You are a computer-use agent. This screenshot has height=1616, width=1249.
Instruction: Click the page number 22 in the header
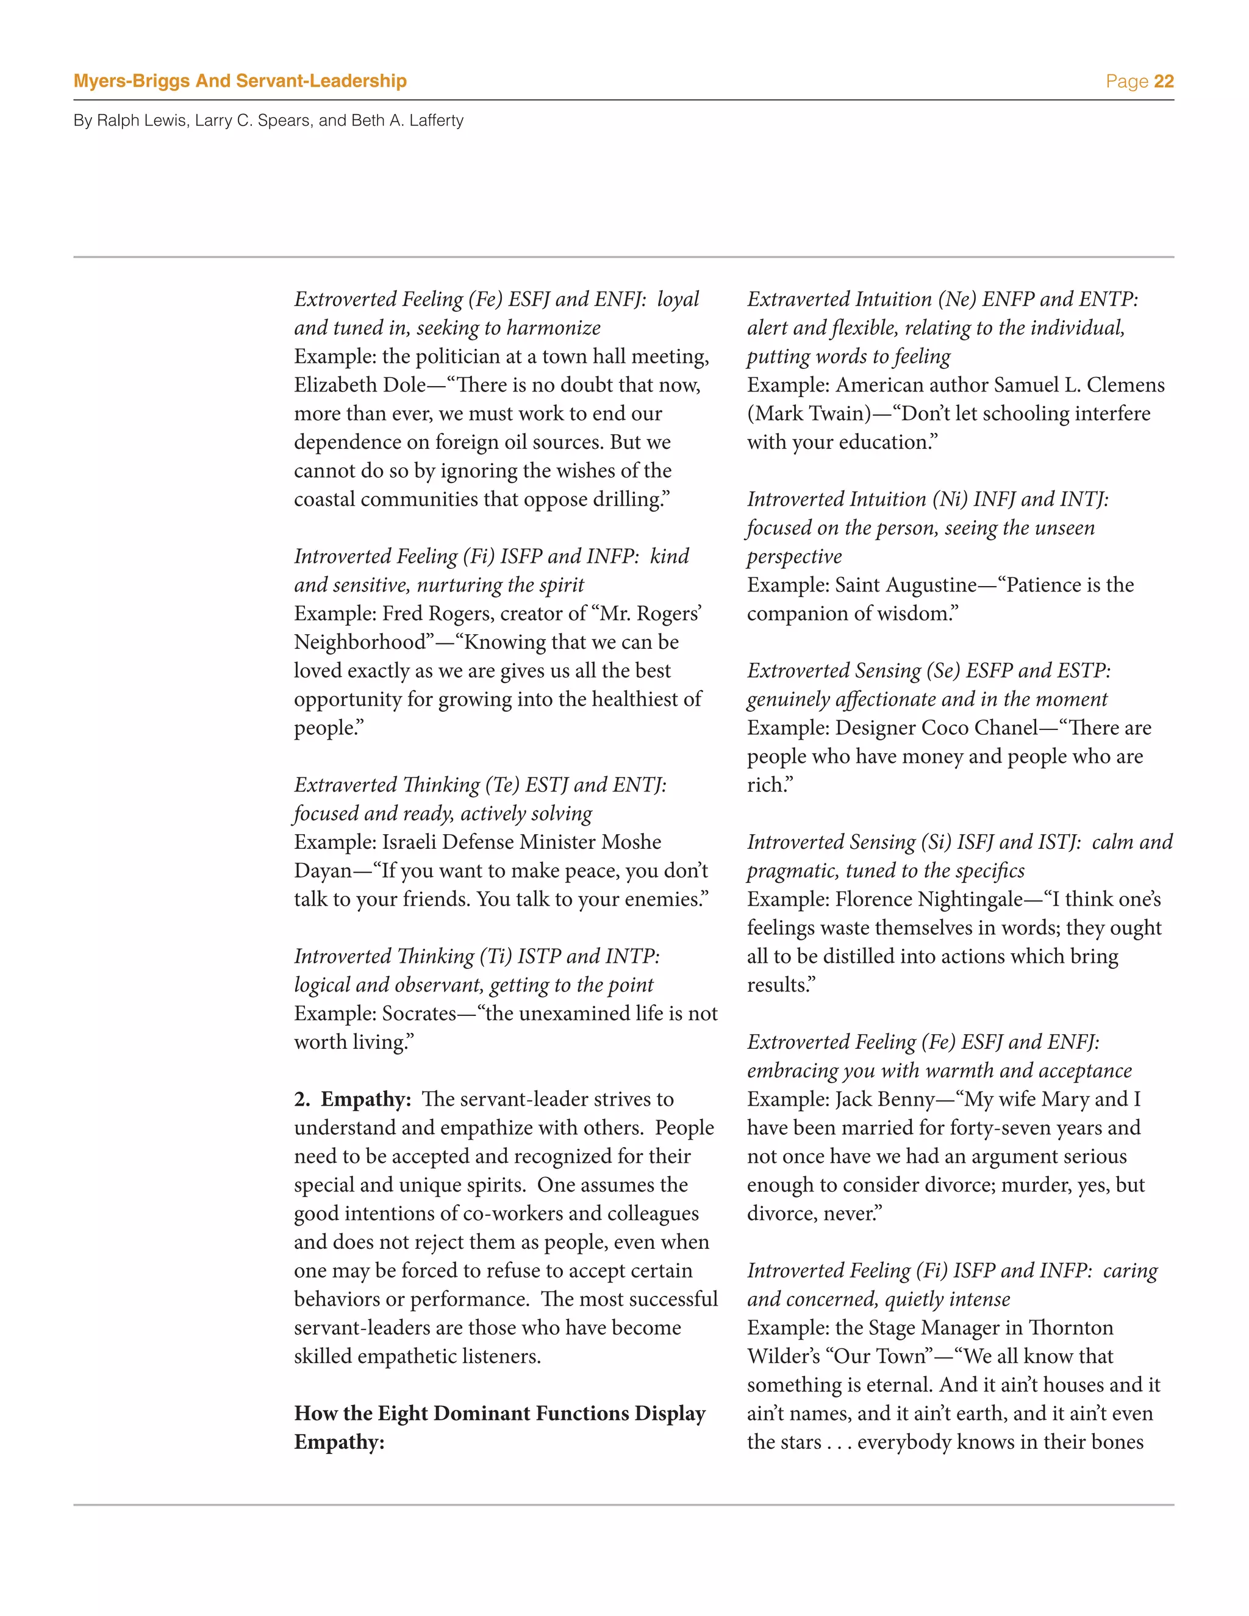coord(1163,81)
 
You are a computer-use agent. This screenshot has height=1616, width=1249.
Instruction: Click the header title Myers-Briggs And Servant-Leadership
coord(240,80)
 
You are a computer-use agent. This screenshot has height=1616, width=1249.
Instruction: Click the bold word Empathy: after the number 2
coord(365,1099)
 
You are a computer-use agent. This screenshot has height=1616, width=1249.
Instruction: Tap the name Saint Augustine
coord(906,585)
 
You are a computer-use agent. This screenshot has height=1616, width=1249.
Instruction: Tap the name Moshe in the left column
coord(631,842)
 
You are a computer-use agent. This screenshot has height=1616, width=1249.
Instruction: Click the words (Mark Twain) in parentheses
coord(809,413)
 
